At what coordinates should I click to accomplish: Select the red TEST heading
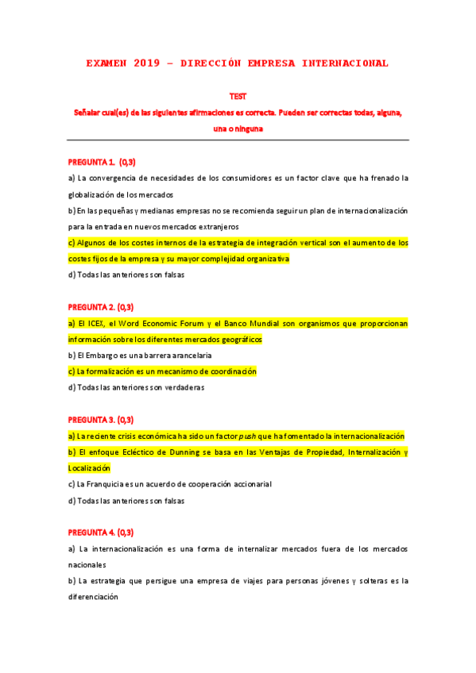238,96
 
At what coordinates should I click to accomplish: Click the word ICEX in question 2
97,323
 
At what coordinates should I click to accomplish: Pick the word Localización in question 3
90,468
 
